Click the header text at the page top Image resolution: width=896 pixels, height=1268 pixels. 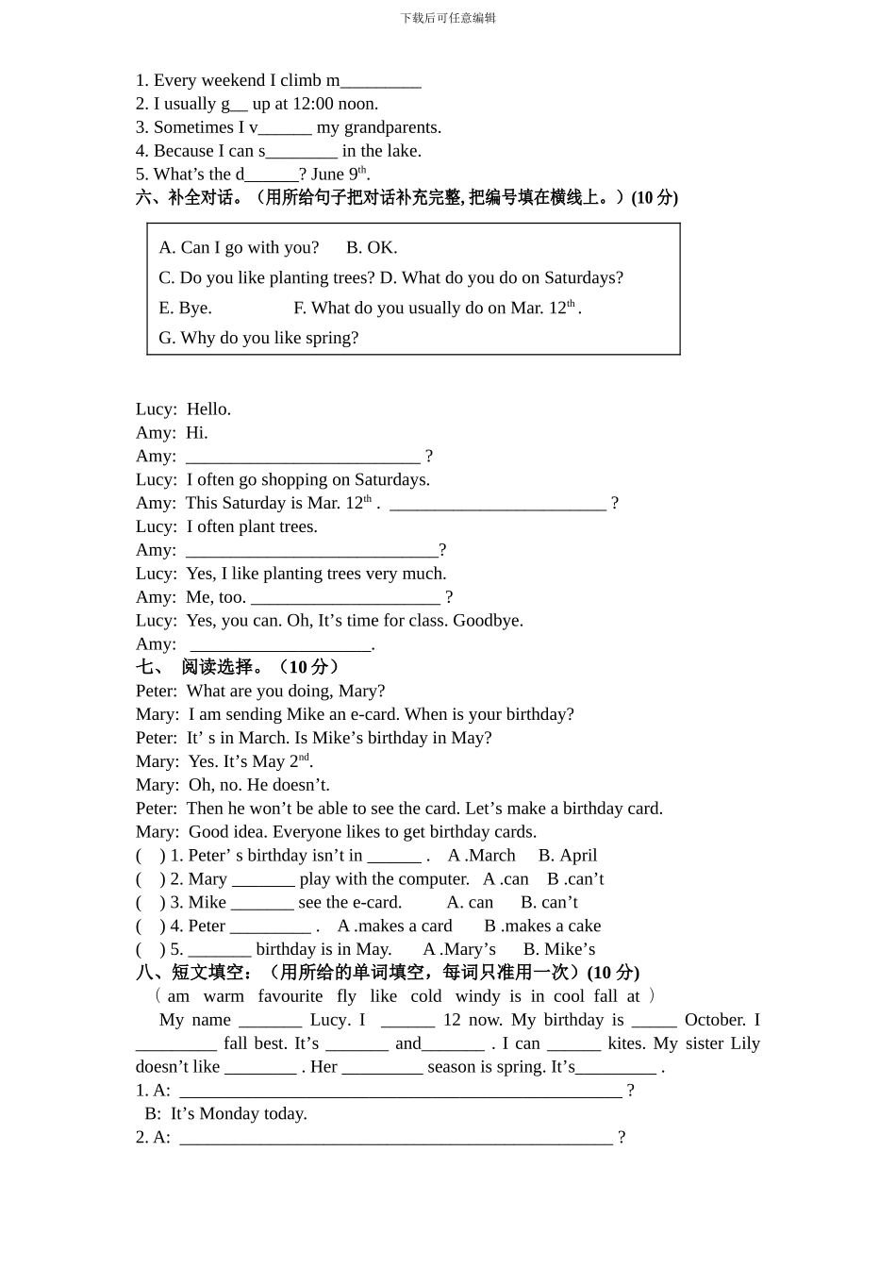coord(448,18)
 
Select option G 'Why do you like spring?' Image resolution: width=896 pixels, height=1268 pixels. coord(258,338)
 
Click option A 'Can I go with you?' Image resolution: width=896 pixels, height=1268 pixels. coord(239,247)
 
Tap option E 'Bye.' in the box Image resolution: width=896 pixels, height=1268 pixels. coord(185,308)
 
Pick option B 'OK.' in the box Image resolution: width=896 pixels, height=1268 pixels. coord(372,247)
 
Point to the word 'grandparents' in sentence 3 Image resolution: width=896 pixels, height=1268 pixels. coord(391,127)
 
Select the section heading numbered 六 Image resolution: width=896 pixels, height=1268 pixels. coord(407,197)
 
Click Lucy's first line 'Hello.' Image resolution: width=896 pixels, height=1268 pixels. coord(208,409)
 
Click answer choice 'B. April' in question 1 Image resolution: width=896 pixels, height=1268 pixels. coord(568,856)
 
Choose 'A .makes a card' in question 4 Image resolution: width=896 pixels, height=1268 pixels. coord(394,926)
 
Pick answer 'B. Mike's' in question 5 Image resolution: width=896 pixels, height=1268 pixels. coord(559,950)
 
